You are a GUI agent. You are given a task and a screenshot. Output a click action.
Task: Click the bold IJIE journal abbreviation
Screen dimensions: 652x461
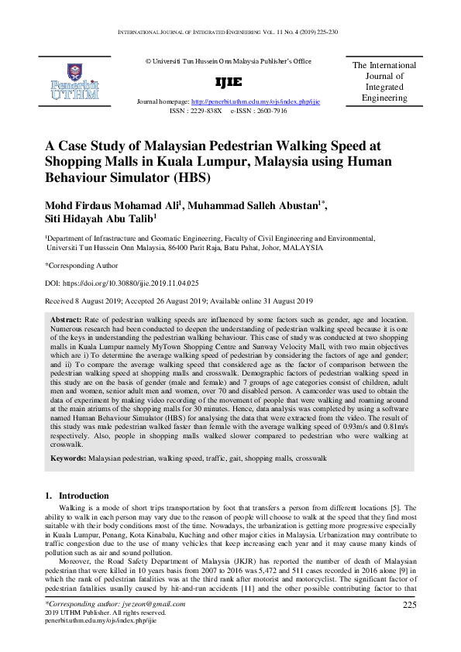click(x=228, y=82)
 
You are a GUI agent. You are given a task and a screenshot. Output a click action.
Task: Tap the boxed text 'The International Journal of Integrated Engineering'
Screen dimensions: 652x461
click(x=384, y=82)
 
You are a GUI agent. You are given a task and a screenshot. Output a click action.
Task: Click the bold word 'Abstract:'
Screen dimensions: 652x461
click(x=71, y=319)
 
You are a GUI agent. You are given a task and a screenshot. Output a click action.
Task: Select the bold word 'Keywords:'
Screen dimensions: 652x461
click(x=68, y=458)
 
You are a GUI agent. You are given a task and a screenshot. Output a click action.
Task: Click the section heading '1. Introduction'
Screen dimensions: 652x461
click(x=77, y=496)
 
